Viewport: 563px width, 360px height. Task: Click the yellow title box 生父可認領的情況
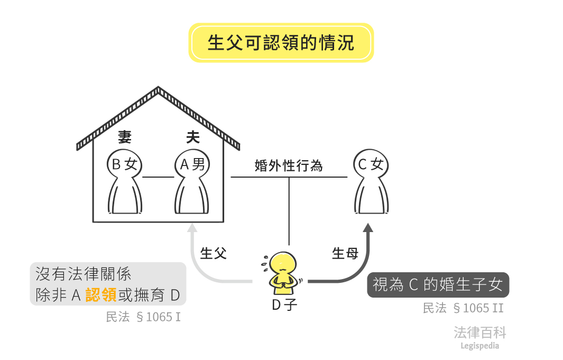click(281, 43)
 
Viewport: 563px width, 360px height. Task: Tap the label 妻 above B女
click(125, 138)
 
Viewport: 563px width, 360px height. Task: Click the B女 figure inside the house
click(125, 182)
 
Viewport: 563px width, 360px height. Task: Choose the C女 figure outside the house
click(371, 182)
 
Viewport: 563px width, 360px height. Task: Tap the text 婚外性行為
click(289, 166)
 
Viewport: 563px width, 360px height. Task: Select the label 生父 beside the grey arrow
click(214, 253)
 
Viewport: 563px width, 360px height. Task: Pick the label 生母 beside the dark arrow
click(345, 253)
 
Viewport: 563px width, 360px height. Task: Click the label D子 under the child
click(284, 306)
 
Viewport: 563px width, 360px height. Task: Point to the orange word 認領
click(101, 295)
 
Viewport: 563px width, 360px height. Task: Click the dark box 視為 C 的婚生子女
click(438, 285)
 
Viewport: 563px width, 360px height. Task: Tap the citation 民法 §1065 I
click(144, 317)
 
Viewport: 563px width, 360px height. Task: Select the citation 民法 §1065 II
click(463, 308)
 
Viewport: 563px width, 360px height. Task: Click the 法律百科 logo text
click(480, 333)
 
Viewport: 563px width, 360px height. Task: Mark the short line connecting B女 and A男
click(158, 177)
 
